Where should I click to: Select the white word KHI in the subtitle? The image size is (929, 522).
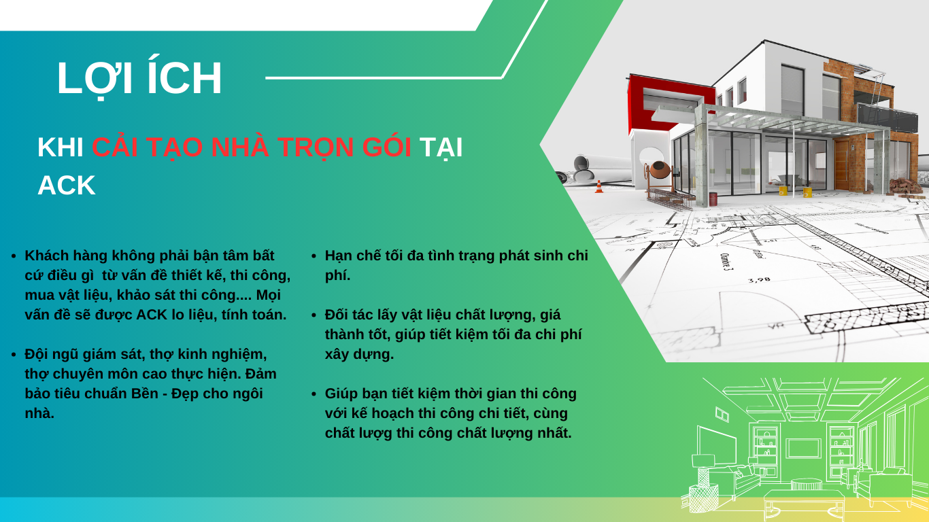point(60,147)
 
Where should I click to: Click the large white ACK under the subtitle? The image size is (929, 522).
point(67,186)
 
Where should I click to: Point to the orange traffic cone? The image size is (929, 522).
point(599,187)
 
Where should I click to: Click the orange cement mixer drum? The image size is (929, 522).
point(660,169)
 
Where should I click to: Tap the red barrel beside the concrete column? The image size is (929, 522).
point(713,199)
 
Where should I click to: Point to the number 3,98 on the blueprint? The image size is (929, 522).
point(759,280)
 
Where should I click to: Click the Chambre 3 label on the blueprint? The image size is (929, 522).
point(726,262)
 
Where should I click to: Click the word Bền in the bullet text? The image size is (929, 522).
point(145,394)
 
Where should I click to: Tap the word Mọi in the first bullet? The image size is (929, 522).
point(269,295)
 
